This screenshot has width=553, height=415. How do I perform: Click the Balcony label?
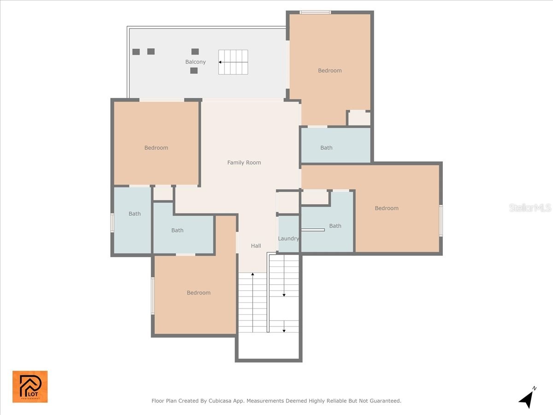point(195,62)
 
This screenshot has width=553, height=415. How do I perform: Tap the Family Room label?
point(244,162)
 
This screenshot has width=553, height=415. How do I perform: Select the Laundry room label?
point(288,238)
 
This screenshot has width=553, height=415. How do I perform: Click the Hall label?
point(256,246)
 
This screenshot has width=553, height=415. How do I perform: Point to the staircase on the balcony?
point(233,62)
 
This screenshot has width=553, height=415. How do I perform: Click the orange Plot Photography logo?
point(30,386)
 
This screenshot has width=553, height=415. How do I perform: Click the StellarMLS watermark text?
point(530,208)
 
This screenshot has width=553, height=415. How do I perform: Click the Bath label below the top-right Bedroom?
point(326,148)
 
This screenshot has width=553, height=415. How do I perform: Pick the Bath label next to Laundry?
point(335,225)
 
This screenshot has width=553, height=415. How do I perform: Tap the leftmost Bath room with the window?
point(133,220)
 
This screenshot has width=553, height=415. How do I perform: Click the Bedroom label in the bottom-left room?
point(199,292)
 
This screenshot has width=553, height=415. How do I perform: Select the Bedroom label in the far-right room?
point(386,208)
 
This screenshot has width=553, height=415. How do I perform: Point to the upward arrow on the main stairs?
point(253,275)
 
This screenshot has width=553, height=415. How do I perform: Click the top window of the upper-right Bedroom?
point(315,12)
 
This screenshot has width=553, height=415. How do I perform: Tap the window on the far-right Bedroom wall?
point(441,220)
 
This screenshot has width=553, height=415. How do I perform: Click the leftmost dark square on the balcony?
point(136,52)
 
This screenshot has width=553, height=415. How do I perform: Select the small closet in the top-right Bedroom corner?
point(359,118)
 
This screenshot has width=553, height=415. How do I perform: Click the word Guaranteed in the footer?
point(385,401)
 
